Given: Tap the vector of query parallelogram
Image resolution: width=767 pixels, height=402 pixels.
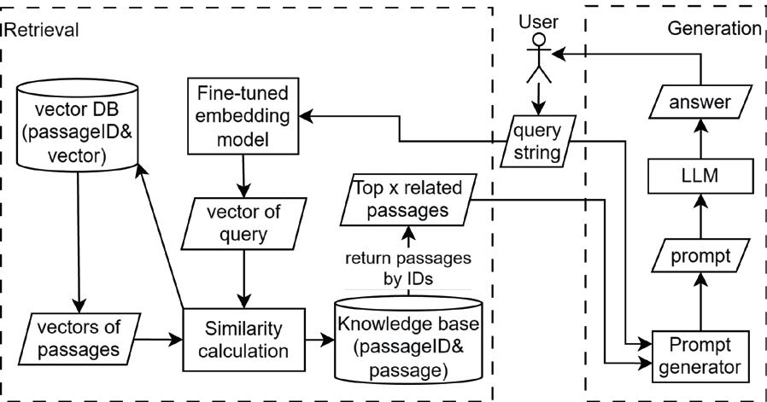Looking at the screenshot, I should coord(246,220).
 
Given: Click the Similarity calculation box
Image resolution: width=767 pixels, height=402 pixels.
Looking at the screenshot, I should coord(246,339).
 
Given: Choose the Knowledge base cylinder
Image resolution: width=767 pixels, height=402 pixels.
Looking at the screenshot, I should coord(408,339).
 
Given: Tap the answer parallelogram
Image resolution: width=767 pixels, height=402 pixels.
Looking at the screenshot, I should coord(700,102).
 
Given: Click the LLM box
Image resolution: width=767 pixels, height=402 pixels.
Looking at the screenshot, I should coord(700,178).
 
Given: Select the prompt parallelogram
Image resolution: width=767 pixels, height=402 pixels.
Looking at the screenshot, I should coord(700,255).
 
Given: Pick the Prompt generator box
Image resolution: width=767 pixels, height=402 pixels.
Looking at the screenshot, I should coord(700,356).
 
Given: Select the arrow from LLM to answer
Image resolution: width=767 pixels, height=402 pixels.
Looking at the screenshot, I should coord(700,140).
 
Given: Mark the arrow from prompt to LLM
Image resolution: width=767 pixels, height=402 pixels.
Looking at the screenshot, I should coord(700,216).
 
